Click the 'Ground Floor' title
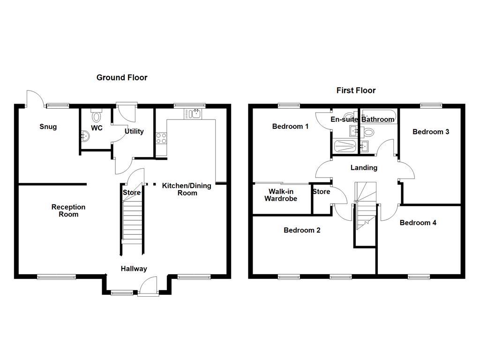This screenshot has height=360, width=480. [x=122, y=77]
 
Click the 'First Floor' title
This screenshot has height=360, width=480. [x=356, y=90]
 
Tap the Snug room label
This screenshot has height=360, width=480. [x=48, y=127]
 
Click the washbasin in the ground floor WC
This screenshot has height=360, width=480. [x=85, y=136]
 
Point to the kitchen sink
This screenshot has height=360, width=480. [x=193, y=113]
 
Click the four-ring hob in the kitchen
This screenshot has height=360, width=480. [x=161, y=138]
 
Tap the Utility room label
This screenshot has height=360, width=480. [x=134, y=131]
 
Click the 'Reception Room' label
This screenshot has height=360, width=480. [x=68, y=210]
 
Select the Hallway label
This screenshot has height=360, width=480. [x=134, y=269]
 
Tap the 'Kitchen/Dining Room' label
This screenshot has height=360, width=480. [x=187, y=189]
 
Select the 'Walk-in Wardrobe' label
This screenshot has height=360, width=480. [x=281, y=195]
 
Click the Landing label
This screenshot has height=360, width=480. [x=364, y=167]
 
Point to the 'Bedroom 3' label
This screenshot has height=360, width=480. [x=430, y=132]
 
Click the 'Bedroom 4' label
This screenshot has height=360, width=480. [x=418, y=223]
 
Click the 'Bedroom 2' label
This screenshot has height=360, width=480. [x=302, y=230]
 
